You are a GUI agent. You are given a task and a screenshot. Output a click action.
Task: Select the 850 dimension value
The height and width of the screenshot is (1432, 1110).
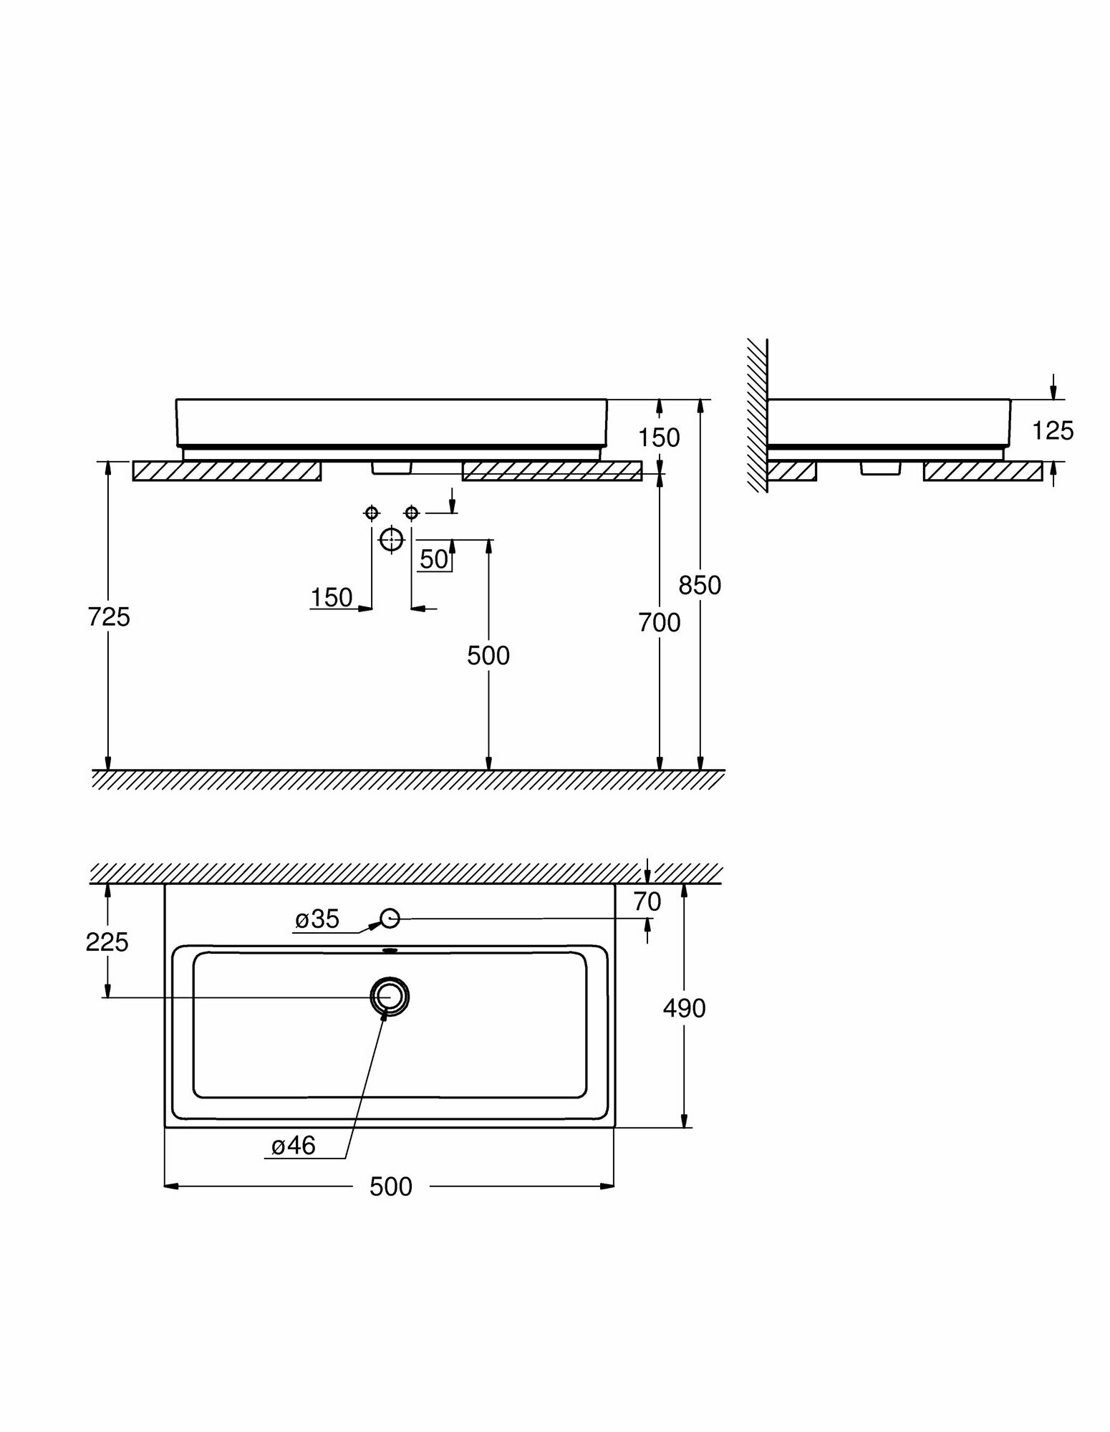click(x=700, y=585)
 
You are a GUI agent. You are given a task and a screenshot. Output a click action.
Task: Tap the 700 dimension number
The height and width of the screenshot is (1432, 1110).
click(x=660, y=623)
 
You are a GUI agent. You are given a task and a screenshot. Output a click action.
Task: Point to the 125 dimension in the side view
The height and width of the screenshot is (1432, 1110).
click(x=1053, y=430)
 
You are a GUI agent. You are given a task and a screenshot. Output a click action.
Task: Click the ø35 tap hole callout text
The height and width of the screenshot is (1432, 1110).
click(x=317, y=919)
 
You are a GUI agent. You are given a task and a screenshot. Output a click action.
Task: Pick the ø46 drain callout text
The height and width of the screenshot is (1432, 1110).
click(x=294, y=1146)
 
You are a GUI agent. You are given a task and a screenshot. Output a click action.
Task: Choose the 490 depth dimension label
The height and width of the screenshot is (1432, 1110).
click(x=684, y=1009)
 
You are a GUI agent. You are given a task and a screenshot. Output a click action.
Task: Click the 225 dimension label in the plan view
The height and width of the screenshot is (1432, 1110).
click(x=107, y=942)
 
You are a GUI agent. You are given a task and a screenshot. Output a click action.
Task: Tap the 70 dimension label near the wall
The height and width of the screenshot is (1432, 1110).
click(x=647, y=902)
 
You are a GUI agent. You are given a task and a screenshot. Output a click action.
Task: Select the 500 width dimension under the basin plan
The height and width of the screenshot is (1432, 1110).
click(x=391, y=1187)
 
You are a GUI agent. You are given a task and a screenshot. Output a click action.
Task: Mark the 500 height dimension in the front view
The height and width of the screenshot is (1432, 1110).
click(x=488, y=655)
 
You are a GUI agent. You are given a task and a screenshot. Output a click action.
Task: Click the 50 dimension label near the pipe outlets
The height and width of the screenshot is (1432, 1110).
click(x=434, y=559)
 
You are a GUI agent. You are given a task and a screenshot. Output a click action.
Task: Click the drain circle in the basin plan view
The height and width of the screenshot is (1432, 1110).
click(x=390, y=996)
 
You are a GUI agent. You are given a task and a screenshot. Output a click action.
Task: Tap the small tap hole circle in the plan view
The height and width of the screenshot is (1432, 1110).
click(x=390, y=918)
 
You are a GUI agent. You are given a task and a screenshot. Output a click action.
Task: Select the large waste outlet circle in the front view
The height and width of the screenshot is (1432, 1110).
click(x=391, y=539)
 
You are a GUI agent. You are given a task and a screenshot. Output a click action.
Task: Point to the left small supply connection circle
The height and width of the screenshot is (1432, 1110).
click(x=371, y=513)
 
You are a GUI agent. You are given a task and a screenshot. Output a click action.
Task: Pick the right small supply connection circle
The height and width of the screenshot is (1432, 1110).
click(x=411, y=513)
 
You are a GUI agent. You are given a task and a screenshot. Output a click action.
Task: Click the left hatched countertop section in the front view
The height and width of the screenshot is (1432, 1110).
click(x=227, y=471)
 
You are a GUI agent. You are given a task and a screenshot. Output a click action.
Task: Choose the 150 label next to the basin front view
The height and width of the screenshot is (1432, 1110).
click(x=659, y=437)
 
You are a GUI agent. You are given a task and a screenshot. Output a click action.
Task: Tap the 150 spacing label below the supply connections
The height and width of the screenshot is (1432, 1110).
click(x=332, y=597)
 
